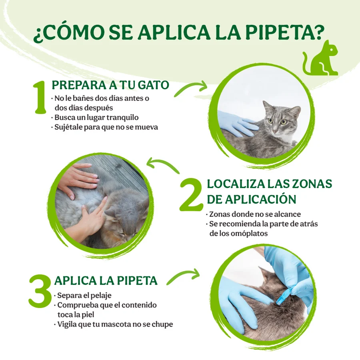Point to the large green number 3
click(x=40, y=291)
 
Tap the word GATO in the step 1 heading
click(x=153, y=85)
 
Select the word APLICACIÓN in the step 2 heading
click(x=260, y=199)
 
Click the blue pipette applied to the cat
click(x=284, y=297)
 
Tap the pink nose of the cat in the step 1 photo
click(x=275, y=131)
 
